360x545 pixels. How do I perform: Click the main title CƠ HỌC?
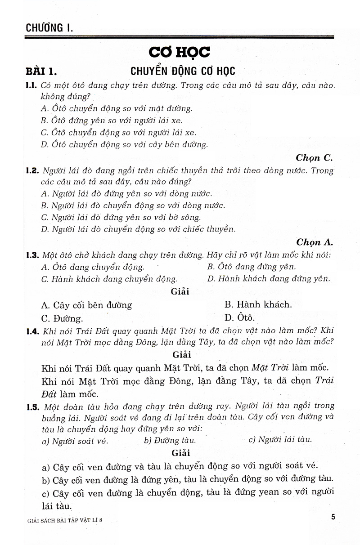click(x=180, y=53)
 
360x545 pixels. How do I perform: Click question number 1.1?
click(x=31, y=85)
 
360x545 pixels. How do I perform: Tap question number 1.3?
click(x=33, y=256)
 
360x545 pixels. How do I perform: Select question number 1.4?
click(x=33, y=331)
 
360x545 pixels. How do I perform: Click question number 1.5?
click(x=33, y=407)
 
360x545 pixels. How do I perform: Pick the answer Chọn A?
click(x=314, y=242)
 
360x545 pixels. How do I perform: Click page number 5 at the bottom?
click(x=333, y=517)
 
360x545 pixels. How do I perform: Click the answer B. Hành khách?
click(x=258, y=304)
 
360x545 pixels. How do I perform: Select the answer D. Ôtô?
click(x=239, y=318)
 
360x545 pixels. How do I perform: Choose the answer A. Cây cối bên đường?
click(x=86, y=305)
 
